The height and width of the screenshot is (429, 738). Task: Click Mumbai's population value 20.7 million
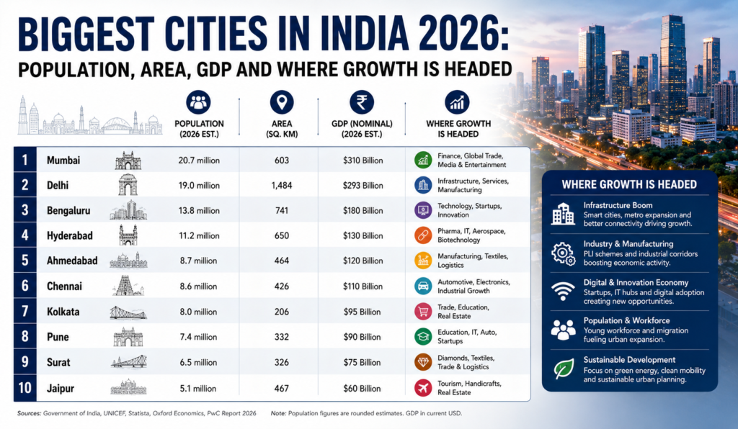click(x=199, y=161)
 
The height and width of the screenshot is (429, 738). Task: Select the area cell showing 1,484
click(x=282, y=186)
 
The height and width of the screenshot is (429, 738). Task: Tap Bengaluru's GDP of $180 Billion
click(x=363, y=210)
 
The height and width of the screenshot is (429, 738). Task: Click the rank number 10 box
click(x=25, y=388)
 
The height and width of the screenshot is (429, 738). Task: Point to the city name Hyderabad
click(x=70, y=235)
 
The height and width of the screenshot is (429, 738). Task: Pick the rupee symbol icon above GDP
click(x=362, y=102)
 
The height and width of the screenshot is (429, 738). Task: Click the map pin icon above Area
click(x=282, y=102)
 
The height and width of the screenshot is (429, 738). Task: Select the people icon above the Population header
click(x=198, y=102)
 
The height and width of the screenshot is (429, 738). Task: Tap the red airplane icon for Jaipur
click(x=423, y=388)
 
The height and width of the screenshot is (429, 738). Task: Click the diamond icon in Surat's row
click(x=423, y=362)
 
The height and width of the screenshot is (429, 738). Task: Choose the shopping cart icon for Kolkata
click(x=423, y=311)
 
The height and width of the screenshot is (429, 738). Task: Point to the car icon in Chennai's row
click(x=423, y=286)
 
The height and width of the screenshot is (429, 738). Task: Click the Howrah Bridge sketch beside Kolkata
click(x=128, y=312)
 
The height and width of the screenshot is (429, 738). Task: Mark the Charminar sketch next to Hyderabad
click(x=128, y=235)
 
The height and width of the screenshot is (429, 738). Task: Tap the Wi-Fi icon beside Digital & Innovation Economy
click(x=563, y=292)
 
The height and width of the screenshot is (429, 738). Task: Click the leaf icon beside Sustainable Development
click(x=564, y=369)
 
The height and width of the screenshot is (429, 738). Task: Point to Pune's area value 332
click(x=282, y=337)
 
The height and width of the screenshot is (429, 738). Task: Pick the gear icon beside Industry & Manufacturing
click(x=564, y=254)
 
